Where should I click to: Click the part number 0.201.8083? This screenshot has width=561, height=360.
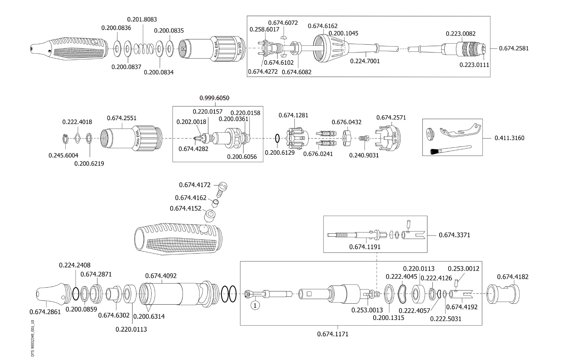click(142, 20)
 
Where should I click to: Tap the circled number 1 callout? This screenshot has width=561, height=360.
click(256, 305)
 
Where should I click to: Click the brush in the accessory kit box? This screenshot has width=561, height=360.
click(450, 149)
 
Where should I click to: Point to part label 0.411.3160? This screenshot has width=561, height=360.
click(509, 138)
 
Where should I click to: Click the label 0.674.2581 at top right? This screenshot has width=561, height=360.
click(514, 48)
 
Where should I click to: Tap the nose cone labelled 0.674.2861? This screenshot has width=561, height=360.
click(49, 293)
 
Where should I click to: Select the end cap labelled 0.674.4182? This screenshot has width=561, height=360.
click(503, 293)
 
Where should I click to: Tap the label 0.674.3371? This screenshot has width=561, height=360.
click(454, 235)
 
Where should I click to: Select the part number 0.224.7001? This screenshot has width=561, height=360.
click(365, 61)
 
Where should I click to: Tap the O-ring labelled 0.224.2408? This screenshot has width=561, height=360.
click(75, 293)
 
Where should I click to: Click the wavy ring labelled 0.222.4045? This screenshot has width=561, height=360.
click(402, 294)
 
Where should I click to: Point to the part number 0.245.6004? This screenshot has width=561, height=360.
click(63, 155)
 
